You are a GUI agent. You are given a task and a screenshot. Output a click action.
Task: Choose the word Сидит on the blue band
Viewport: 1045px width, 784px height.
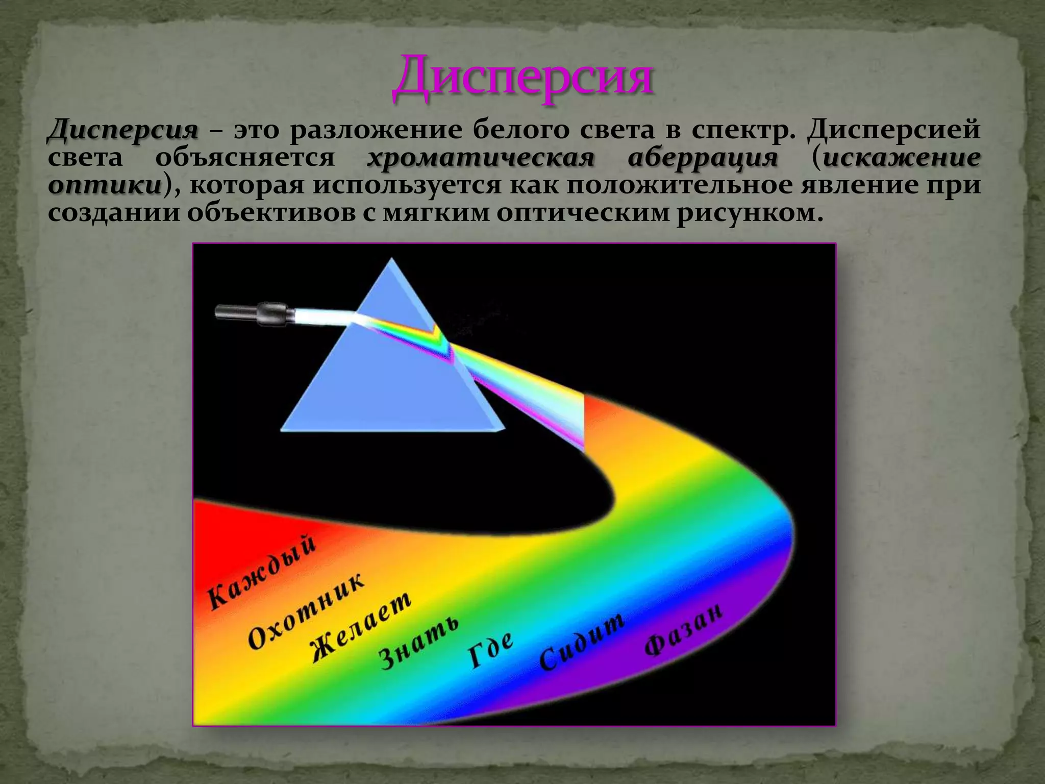(582, 641)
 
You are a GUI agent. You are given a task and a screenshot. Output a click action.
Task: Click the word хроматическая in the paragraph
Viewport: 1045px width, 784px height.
(481, 158)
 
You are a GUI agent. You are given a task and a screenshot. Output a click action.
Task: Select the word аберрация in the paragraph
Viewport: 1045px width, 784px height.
(703, 158)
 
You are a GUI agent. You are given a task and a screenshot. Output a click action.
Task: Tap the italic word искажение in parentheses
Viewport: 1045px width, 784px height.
(902, 158)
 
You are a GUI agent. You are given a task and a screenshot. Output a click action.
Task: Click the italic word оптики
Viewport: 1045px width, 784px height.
(105, 186)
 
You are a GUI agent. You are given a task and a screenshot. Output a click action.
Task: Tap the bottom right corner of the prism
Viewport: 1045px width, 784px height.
(503, 430)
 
